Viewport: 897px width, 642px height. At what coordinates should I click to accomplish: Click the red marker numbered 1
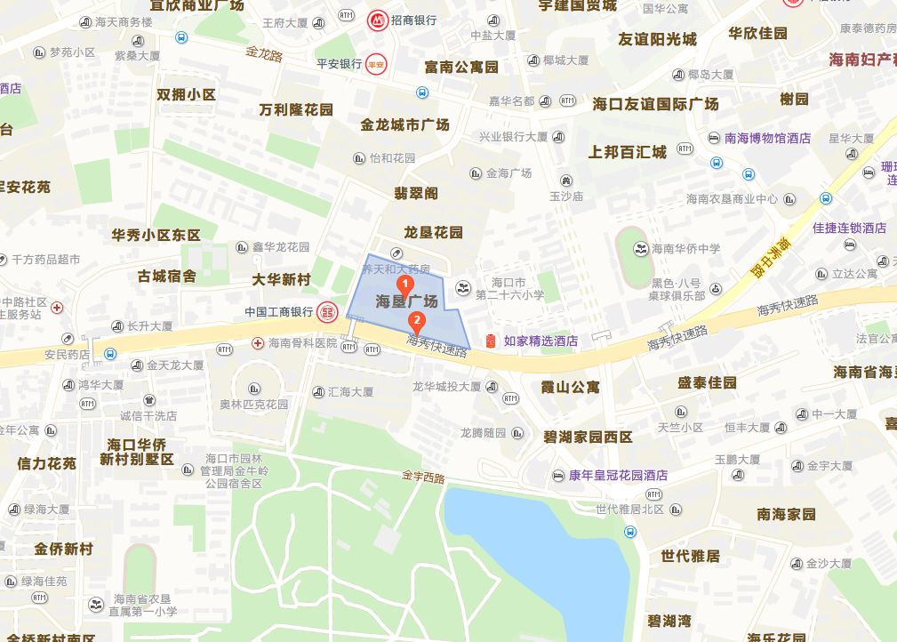click(x=406, y=286)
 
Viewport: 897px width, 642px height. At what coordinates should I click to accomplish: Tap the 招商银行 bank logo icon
click(x=377, y=20)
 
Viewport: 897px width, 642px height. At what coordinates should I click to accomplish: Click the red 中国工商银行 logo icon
click(x=328, y=312)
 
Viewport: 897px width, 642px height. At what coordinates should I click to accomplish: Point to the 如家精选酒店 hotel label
click(x=541, y=341)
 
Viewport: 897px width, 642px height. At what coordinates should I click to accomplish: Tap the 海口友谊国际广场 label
click(x=656, y=104)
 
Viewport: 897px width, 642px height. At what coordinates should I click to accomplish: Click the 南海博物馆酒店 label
click(x=767, y=138)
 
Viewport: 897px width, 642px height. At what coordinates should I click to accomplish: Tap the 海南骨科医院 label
click(x=303, y=343)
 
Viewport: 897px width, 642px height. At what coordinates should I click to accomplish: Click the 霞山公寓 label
click(x=571, y=388)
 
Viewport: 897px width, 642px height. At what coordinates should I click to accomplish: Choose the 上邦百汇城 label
click(x=627, y=152)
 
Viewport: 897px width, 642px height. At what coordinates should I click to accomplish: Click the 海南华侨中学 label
click(x=685, y=249)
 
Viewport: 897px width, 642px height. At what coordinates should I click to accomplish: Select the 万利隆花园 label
click(x=296, y=110)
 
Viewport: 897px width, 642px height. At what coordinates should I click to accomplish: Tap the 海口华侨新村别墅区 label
click(x=137, y=452)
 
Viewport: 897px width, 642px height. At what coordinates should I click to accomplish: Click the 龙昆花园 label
click(x=433, y=232)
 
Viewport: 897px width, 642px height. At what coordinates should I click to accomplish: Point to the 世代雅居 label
click(x=690, y=556)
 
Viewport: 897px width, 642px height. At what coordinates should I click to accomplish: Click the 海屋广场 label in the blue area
click(x=406, y=301)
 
